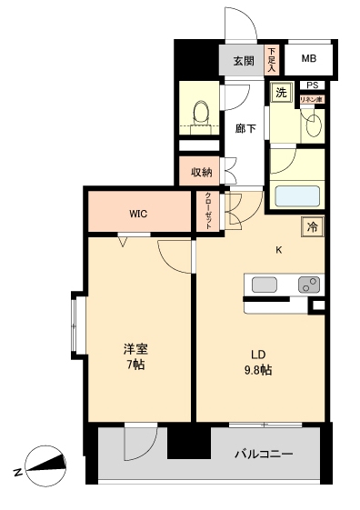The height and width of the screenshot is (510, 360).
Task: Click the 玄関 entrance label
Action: click(x=243, y=61)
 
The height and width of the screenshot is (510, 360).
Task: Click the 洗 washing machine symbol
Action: click(x=281, y=93)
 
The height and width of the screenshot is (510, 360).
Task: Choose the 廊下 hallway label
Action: click(x=245, y=129)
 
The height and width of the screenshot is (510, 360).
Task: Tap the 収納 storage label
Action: click(x=201, y=171)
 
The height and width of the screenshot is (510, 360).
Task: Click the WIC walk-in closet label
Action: click(x=138, y=215)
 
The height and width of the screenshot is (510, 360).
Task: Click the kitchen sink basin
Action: click(x=264, y=285)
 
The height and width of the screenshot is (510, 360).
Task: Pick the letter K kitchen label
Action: click(x=279, y=250)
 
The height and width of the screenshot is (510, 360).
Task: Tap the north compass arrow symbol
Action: click(x=46, y=465)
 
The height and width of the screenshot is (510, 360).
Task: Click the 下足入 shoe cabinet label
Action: click(x=271, y=61)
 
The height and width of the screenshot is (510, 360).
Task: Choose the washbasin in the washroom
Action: click(x=314, y=125)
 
